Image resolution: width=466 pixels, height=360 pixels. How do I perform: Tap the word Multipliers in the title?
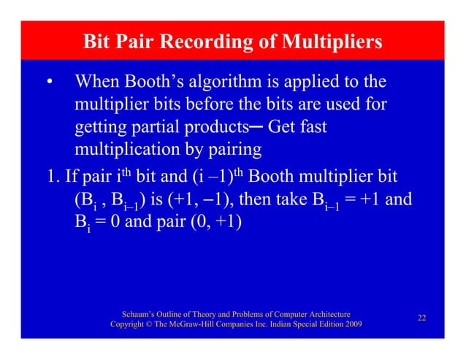click(331, 42)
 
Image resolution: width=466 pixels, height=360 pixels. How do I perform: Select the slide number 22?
click(421, 318)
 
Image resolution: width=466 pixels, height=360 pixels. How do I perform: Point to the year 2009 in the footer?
click(350, 323)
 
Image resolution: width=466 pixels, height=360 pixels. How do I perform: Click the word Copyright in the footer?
click(130, 323)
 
